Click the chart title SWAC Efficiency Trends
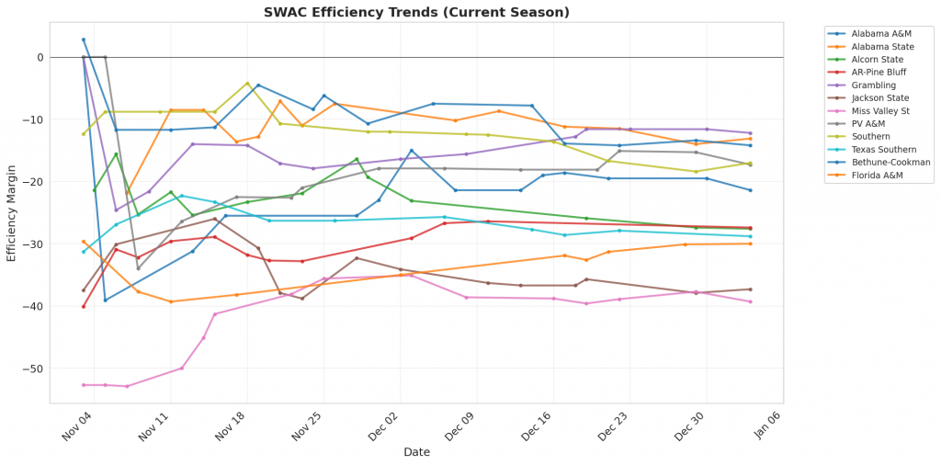click(415, 12)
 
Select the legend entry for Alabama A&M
click(873, 32)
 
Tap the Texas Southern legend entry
click(877, 149)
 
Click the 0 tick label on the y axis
click(40, 57)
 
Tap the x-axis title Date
click(415, 452)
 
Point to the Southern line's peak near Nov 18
click(247, 84)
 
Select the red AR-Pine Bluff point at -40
click(84, 306)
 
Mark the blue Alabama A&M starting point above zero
click(84, 40)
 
